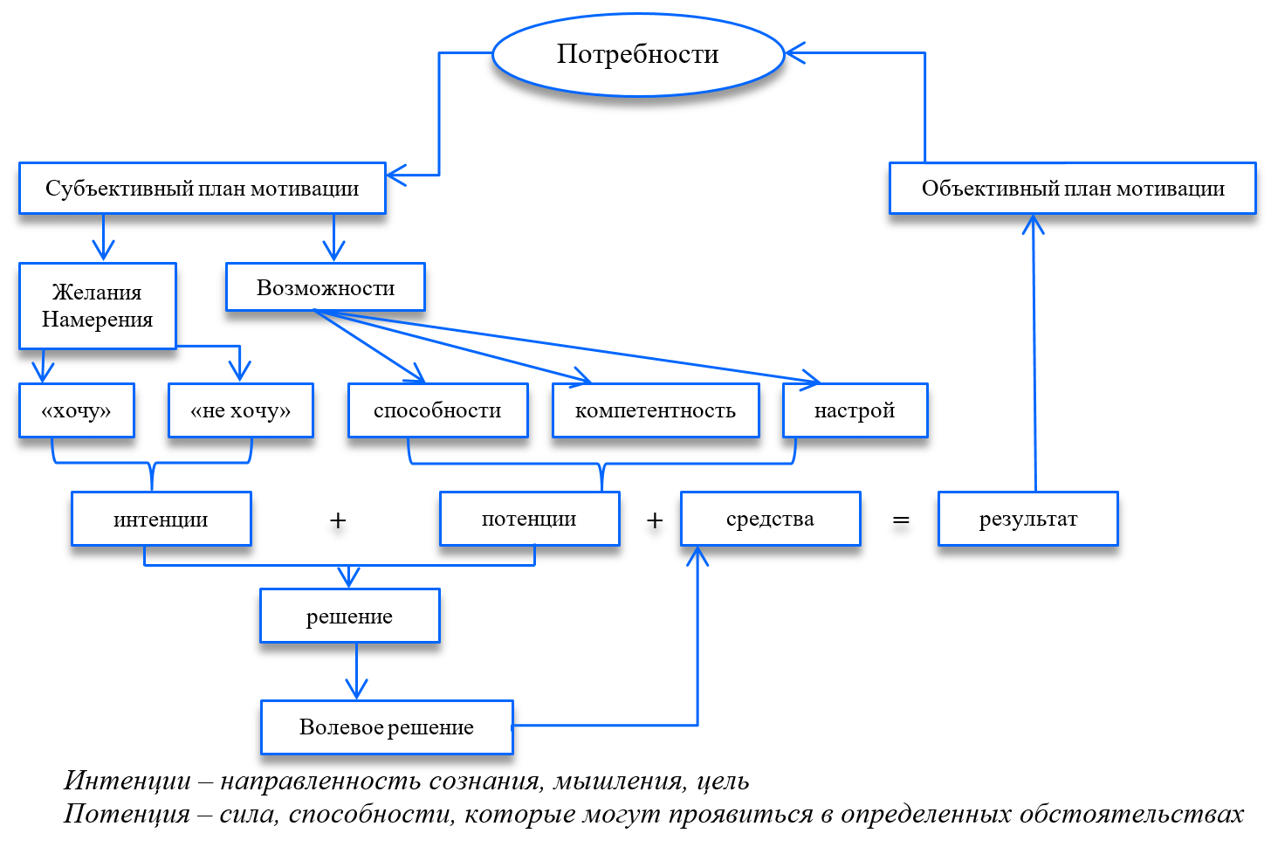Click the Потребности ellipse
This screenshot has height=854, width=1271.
tap(638, 54)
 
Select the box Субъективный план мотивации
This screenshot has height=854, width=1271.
tap(202, 189)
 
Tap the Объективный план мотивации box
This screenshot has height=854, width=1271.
tap(1072, 189)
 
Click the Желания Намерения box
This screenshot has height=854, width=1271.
tap(98, 306)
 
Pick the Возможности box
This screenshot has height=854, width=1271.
tap(325, 287)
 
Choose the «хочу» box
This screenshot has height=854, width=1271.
tap(77, 410)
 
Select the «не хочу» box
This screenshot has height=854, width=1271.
tap(240, 410)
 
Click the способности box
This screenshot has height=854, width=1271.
tap(437, 410)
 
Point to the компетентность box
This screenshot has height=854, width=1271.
tap(655, 410)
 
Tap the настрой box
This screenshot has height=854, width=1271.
tap(855, 410)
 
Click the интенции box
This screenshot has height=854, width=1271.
tap(161, 520)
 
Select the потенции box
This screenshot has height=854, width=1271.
tap(529, 519)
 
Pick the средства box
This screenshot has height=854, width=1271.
tap(770, 519)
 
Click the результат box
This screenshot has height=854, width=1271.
tap(1027, 519)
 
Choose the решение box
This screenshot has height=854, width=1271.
tap(349, 616)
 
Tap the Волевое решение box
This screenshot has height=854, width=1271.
tap(387, 727)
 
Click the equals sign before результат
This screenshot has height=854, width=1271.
tap(901, 521)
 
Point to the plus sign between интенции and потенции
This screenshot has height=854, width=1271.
tap(338, 521)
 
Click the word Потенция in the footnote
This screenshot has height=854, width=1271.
tap(127, 814)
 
